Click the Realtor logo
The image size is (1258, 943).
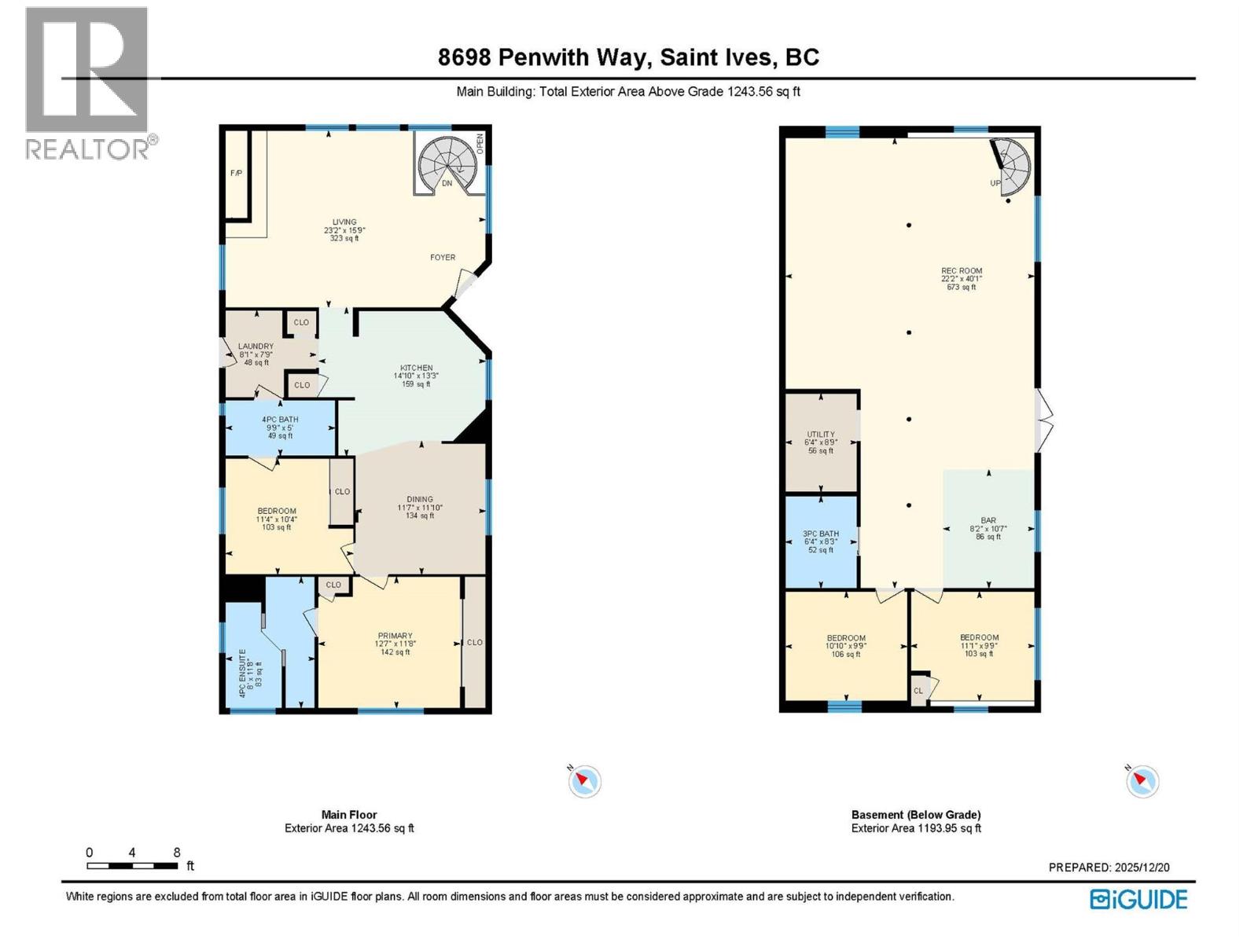point(86,83)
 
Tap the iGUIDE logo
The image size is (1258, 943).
point(1138,899)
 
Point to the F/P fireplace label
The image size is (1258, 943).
point(236,173)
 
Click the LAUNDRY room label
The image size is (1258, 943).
point(256,347)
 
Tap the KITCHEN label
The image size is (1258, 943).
point(416,368)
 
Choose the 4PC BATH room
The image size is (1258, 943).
point(280,427)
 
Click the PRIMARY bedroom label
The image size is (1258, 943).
point(395,636)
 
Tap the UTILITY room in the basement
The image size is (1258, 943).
point(821,442)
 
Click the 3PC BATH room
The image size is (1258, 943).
point(821,541)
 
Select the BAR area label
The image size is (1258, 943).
point(988,520)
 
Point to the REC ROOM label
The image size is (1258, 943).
point(962,271)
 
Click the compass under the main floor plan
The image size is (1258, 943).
point(584,781)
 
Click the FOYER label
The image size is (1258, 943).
point(443,257)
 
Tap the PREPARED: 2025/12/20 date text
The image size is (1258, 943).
point(1109,868)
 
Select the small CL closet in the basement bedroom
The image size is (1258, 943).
point(918,691)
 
